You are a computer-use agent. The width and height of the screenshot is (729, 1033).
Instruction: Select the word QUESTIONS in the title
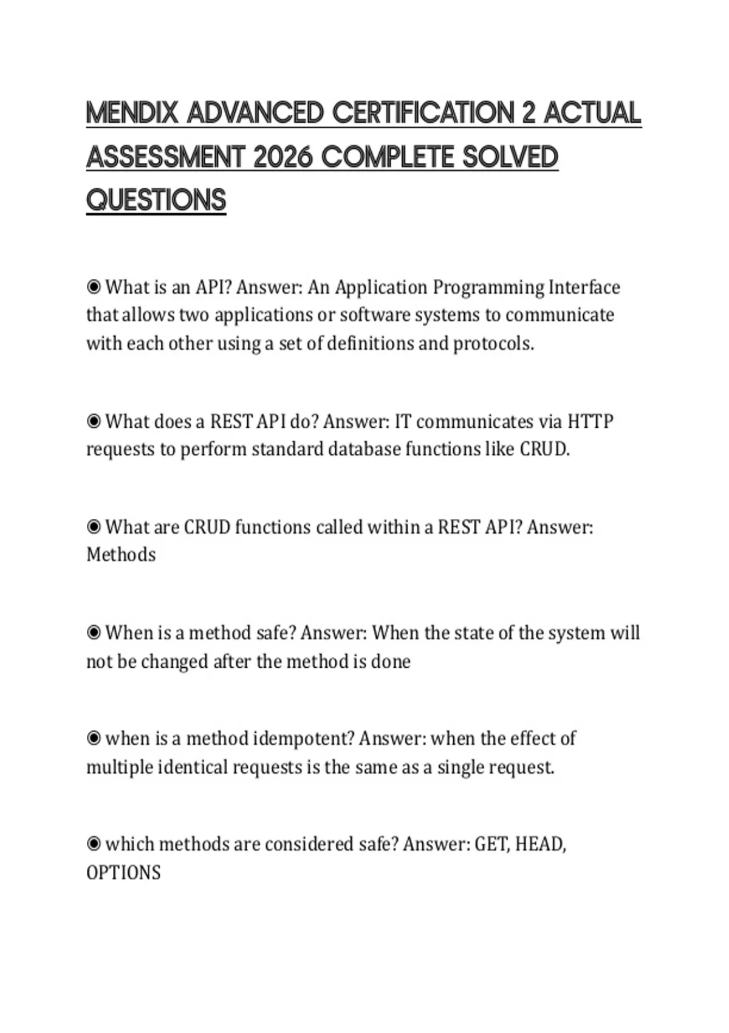[156, 200]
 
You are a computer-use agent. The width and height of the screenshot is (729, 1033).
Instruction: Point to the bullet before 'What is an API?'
[94, 286]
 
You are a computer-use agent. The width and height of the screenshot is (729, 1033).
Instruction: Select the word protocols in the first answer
[493, 344]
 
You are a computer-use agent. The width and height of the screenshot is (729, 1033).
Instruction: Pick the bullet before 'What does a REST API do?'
[94, 421]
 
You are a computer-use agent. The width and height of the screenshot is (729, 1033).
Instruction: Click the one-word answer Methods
[121, 555]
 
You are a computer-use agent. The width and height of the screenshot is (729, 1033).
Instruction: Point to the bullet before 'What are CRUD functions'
[94, 527]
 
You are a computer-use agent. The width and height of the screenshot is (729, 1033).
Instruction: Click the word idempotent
[303, 739]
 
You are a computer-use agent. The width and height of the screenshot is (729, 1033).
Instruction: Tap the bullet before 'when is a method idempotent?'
[94, 738]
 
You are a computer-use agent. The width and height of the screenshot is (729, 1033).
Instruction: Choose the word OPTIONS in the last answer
[123, 873]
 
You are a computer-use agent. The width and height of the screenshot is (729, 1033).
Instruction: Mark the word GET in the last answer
[492, 845]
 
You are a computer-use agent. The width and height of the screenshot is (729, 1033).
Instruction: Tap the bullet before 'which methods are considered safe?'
[94, 844]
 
